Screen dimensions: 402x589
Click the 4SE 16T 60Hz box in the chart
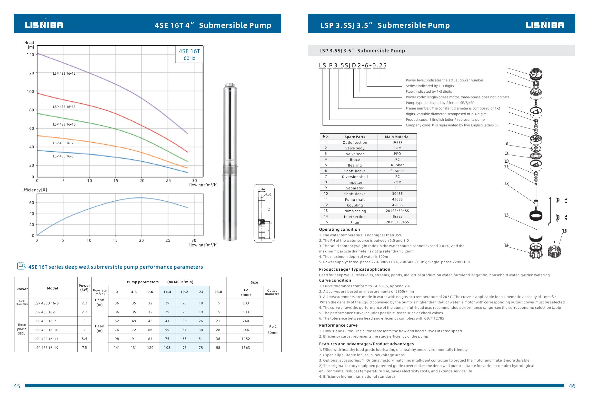pos(189,54)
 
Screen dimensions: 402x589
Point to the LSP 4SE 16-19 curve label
pos(64,73)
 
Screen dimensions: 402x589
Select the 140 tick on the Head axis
pos(30,54)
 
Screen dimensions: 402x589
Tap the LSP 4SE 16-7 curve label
pos(63,143)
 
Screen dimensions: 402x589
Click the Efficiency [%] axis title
pos(34,190)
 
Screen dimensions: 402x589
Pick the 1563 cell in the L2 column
pos(246,348)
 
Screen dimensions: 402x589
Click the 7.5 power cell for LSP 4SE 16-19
pos(84,348)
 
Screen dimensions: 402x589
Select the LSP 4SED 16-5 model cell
pos(46,303)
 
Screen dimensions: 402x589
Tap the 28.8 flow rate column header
pos(218,292)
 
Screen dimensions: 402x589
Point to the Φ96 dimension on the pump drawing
pos(261,189)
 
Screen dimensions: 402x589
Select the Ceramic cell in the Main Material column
pos(397,171)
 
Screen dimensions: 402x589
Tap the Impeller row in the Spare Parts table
pos(355,182)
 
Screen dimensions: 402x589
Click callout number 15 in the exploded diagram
pos(564,231)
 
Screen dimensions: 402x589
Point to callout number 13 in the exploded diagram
pos(506,215)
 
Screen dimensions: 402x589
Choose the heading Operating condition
pos(339,229)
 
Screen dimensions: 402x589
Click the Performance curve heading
pos(338,325)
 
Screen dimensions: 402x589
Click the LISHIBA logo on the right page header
pos(545,25)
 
